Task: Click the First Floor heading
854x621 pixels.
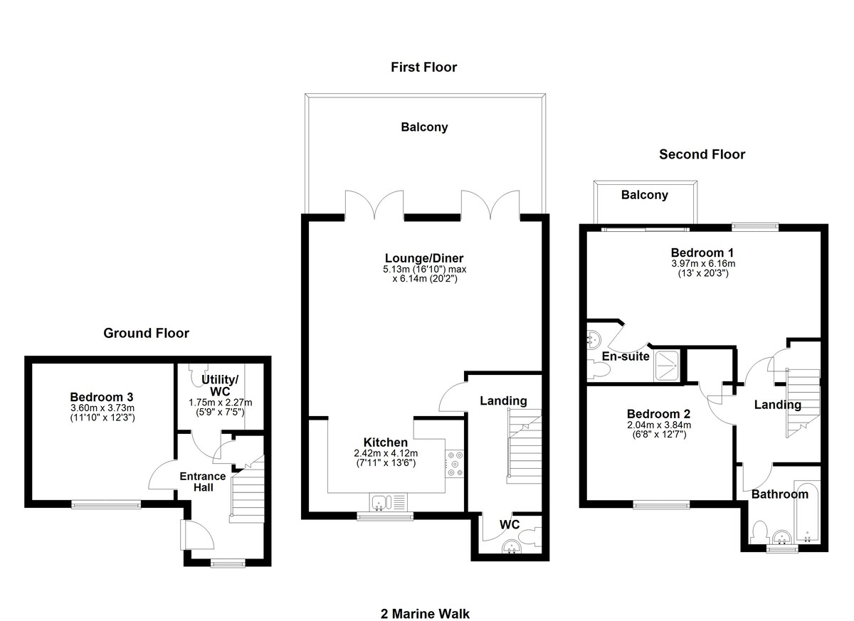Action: point(423,67)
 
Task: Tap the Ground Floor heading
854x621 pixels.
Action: point(147,333)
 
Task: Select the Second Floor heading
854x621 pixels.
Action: point(702,154)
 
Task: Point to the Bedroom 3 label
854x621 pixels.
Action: point(102,397)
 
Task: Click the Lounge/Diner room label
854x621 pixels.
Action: point(424,258)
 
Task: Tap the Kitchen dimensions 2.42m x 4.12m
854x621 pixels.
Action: point(386,453)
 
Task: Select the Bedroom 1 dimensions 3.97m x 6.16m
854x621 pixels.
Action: point(703,264)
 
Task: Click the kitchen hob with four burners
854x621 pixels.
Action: point(455,464)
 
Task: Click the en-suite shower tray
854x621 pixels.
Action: point(666,366)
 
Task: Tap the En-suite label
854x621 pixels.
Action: point(626,356)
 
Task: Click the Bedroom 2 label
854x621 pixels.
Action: point(659,414)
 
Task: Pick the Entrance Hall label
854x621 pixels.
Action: point(203,482)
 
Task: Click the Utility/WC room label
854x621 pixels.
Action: point(220,386)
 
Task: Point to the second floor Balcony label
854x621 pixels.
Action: point(645,195)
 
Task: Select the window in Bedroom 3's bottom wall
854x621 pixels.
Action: point(106,505)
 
